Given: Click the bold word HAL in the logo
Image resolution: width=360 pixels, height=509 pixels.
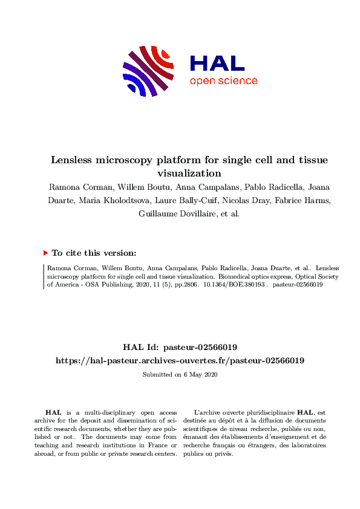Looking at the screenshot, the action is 217,63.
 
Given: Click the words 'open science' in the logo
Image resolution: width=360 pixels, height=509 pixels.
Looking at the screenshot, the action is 223,81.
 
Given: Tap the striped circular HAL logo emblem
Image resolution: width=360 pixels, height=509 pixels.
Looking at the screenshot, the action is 149,71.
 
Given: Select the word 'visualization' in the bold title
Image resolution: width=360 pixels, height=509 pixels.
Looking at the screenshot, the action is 180,172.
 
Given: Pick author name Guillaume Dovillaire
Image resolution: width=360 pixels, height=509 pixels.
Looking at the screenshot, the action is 165,213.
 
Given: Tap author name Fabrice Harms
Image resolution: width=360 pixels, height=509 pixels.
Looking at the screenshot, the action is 286,200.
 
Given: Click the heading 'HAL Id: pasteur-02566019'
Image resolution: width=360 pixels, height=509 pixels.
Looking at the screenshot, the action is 180,347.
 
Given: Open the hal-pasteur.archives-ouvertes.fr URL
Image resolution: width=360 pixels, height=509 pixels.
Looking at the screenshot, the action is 180,360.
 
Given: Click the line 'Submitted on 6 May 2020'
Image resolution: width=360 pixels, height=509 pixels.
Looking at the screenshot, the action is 180,375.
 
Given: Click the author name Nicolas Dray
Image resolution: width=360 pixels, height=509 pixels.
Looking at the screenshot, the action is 234,200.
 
